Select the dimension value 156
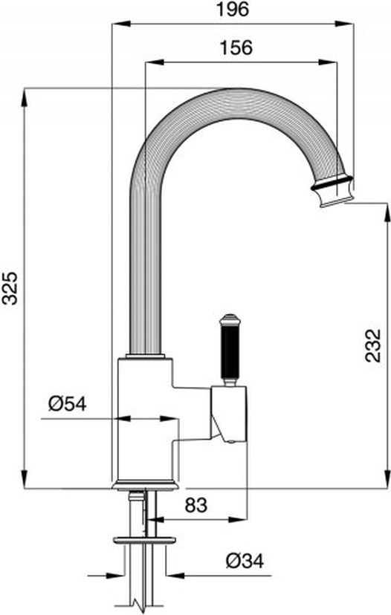point(236,48)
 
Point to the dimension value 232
point(372,345)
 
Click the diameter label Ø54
point(68,403)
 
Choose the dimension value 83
point(196,505)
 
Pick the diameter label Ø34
point(245,561)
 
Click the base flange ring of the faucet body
point(145,485)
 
